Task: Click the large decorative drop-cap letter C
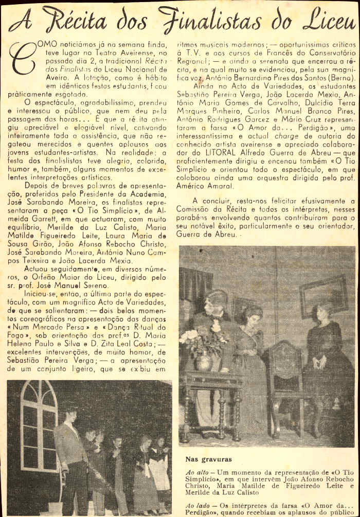pyautogui.click(x=22, y=57)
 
